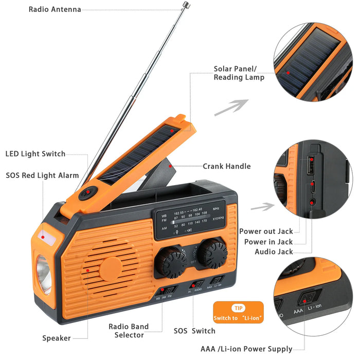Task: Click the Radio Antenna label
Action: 55,9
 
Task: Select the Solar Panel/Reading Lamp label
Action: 239,73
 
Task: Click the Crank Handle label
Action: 226,166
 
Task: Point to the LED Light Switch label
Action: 35,154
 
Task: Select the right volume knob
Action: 211,252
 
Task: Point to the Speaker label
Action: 57,338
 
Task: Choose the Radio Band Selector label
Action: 128,331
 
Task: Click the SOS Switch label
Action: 194,331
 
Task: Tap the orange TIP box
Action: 238,312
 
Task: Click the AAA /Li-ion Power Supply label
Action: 246,349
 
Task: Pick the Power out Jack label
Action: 265,231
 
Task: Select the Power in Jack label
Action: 268,242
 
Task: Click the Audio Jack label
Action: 274,251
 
